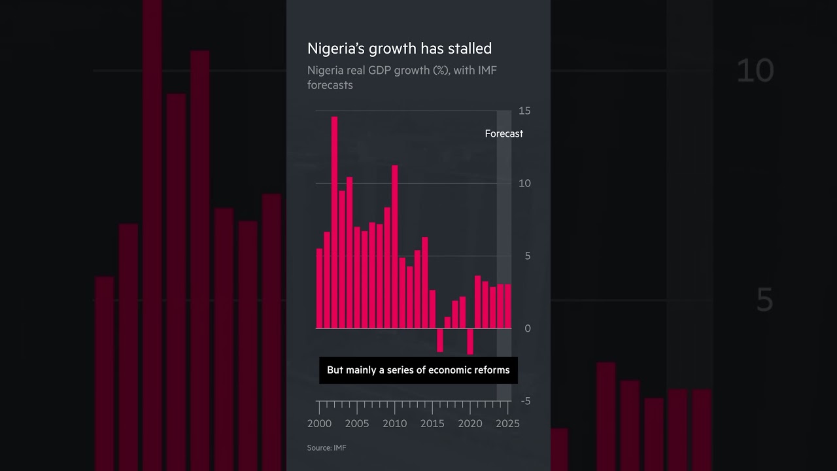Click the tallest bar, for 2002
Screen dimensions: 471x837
click(334, 222)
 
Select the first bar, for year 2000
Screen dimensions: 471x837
click(319, 288)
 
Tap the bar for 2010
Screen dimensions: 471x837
click(394, 247)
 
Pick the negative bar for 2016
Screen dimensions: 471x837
click(440, 340)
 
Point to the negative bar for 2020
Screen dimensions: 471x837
click(470, 341)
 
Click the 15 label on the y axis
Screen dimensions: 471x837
click(524, 111)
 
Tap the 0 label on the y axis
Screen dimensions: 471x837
click(528, 328)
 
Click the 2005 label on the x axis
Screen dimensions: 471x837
click(357, 424)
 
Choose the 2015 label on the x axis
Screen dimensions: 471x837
click(432, 424)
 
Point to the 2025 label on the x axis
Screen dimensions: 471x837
click(507, 424)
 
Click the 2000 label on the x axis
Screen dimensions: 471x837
click(320, 424)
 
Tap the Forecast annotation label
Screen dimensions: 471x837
click(504, 133)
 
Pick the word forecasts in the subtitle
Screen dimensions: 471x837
click(330, 85)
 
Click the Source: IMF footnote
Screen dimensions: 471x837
click(326, 448)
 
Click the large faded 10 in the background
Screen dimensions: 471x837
click(755, 71)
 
